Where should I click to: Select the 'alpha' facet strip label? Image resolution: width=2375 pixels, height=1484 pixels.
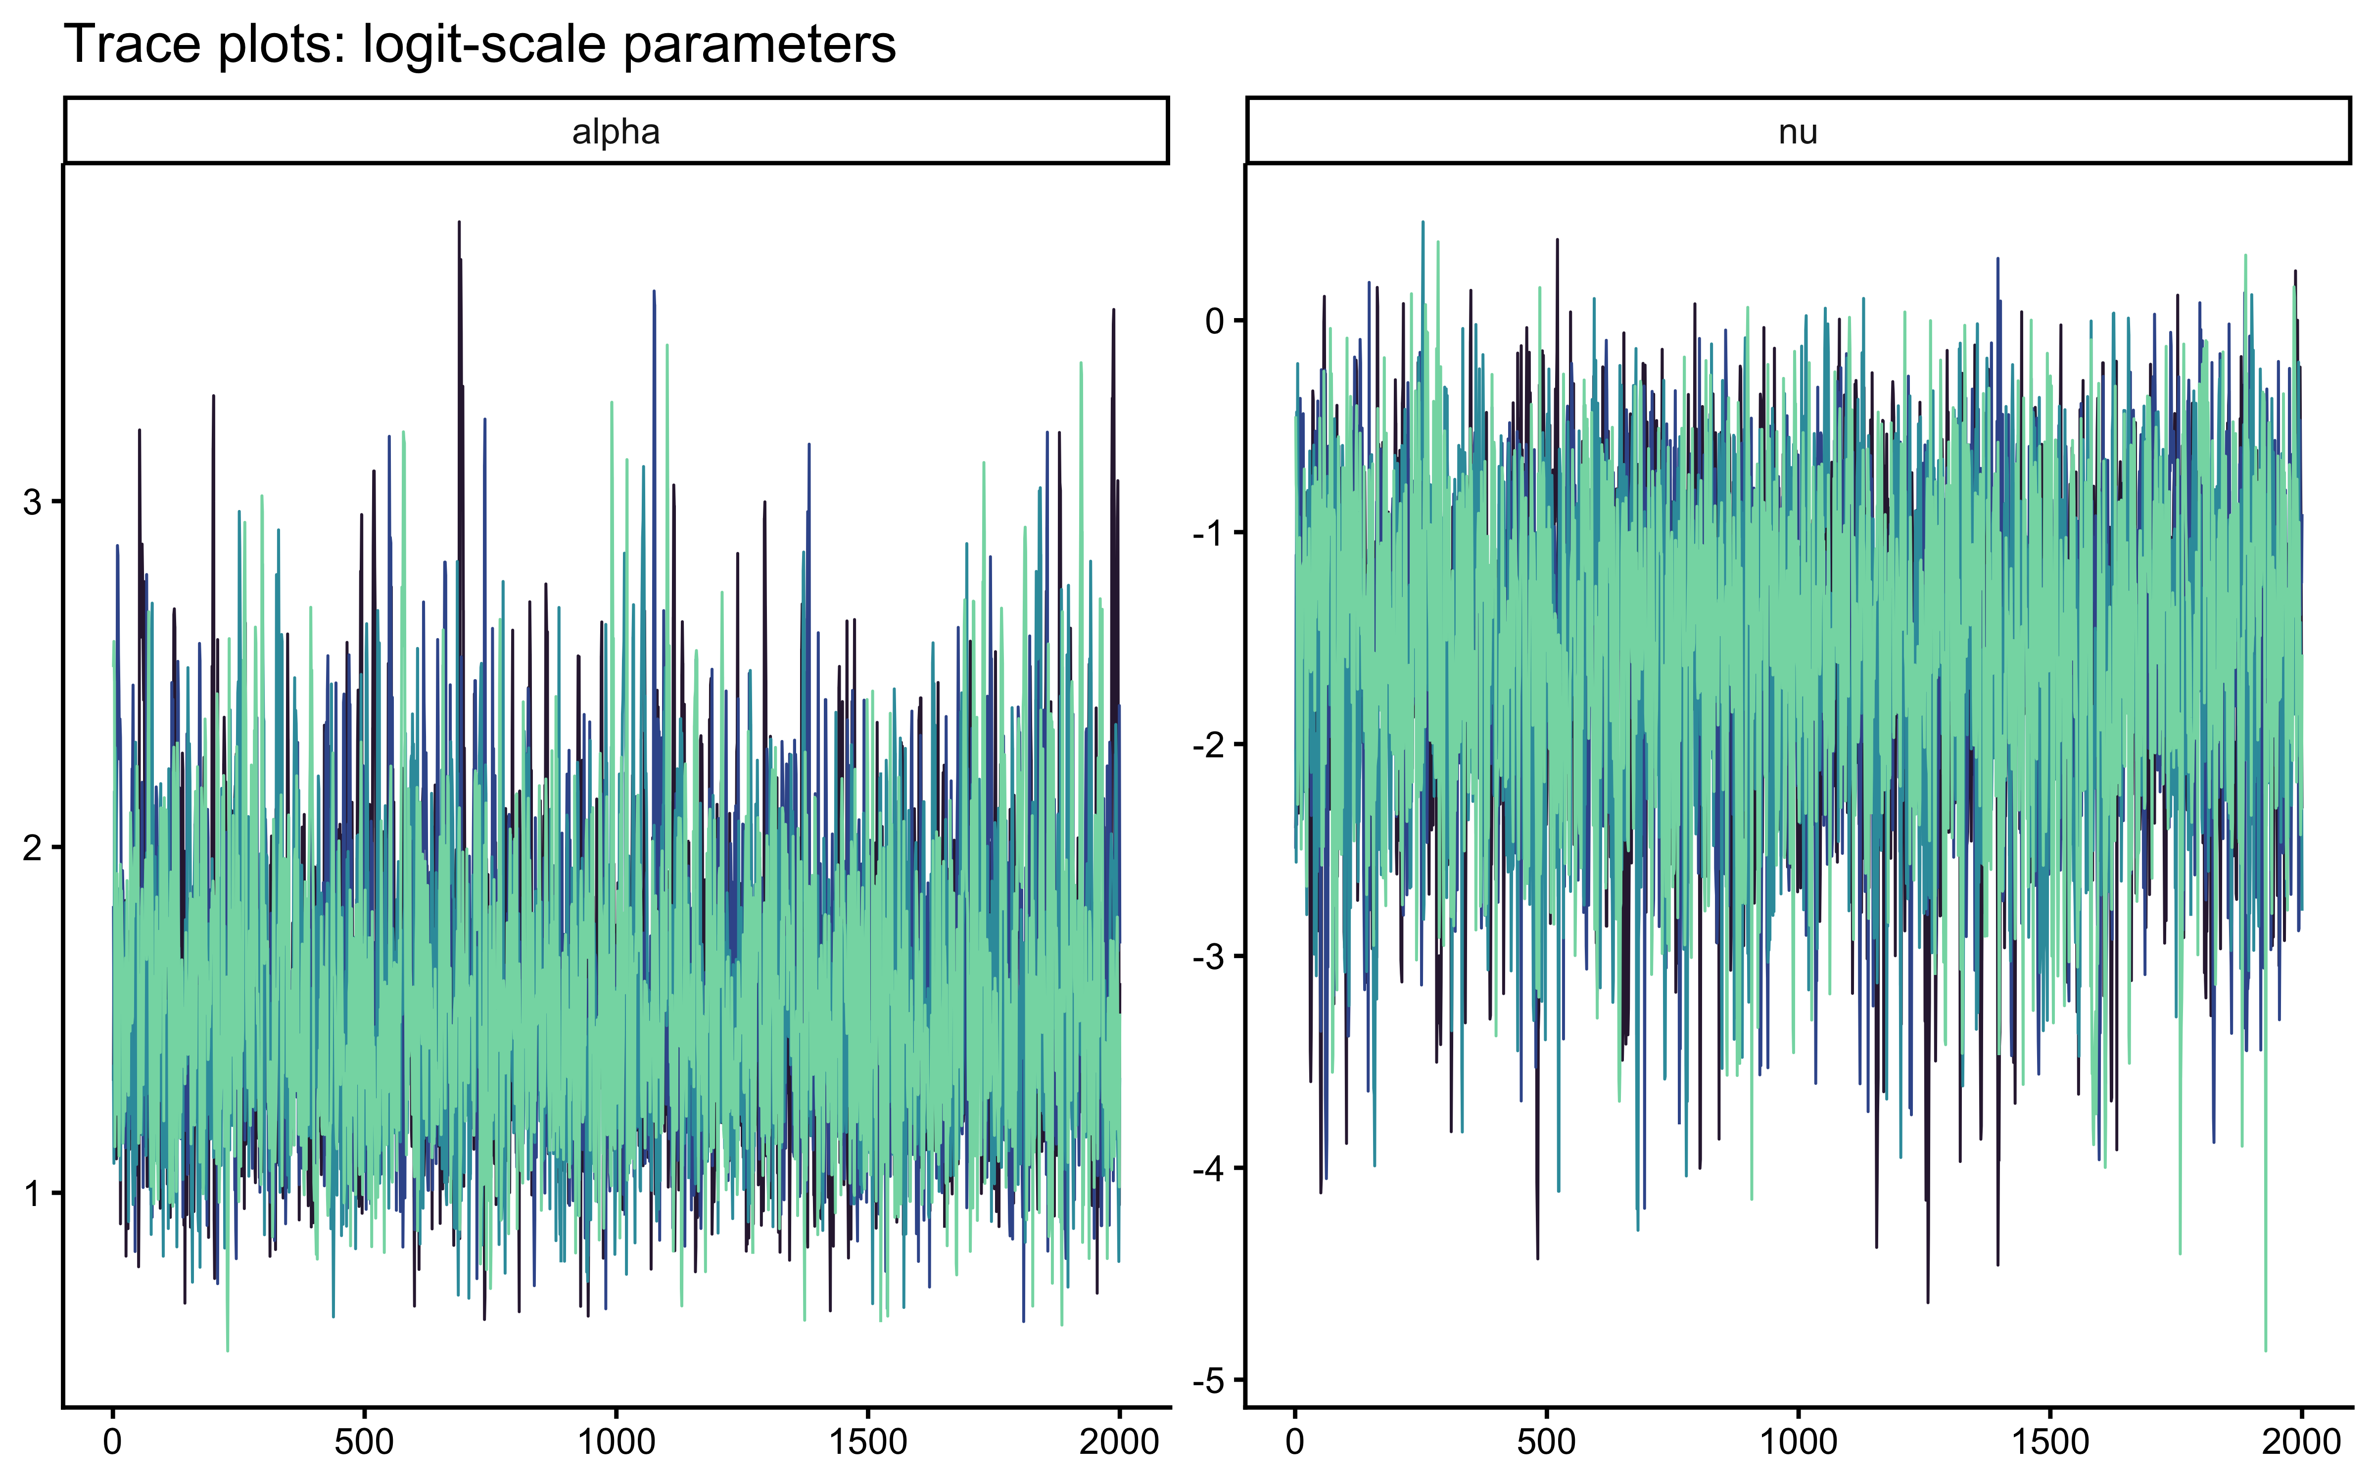(617, 132)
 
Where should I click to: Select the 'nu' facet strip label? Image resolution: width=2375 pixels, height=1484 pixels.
(1798, 132)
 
